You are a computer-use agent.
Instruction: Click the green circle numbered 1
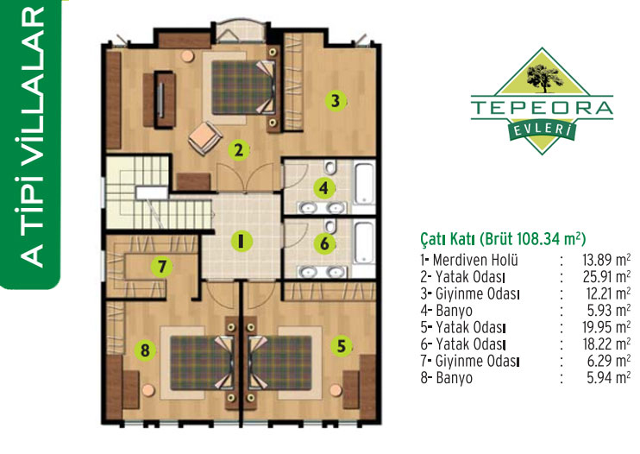pos(242,241)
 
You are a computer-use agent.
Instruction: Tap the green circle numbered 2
pos(239,150)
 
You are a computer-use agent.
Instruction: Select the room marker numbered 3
pos(336,100)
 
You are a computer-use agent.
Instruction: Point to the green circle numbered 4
pos(324,188)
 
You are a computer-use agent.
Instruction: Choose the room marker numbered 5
pos(342,346)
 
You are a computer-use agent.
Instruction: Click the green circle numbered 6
pos(324,243)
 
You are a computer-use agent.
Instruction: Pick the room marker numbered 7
pos(162,267)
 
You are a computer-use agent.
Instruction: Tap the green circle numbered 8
pos(145,350)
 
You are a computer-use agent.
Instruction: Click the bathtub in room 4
pos(364,183)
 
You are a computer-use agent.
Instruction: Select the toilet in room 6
pos(329,226)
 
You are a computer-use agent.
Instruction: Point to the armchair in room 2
pos(205,138)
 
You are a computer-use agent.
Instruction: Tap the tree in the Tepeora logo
pos(544,77)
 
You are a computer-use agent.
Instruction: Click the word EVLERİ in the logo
pos(542,129)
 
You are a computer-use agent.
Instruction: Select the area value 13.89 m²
pos(605,260)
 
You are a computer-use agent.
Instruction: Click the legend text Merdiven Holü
pos(475,260)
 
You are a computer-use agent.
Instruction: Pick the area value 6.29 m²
pos(609,361)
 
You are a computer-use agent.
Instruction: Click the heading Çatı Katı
pos(448,239)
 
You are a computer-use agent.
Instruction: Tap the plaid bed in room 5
pos(281,363)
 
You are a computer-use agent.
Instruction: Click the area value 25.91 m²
pos(606,277)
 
